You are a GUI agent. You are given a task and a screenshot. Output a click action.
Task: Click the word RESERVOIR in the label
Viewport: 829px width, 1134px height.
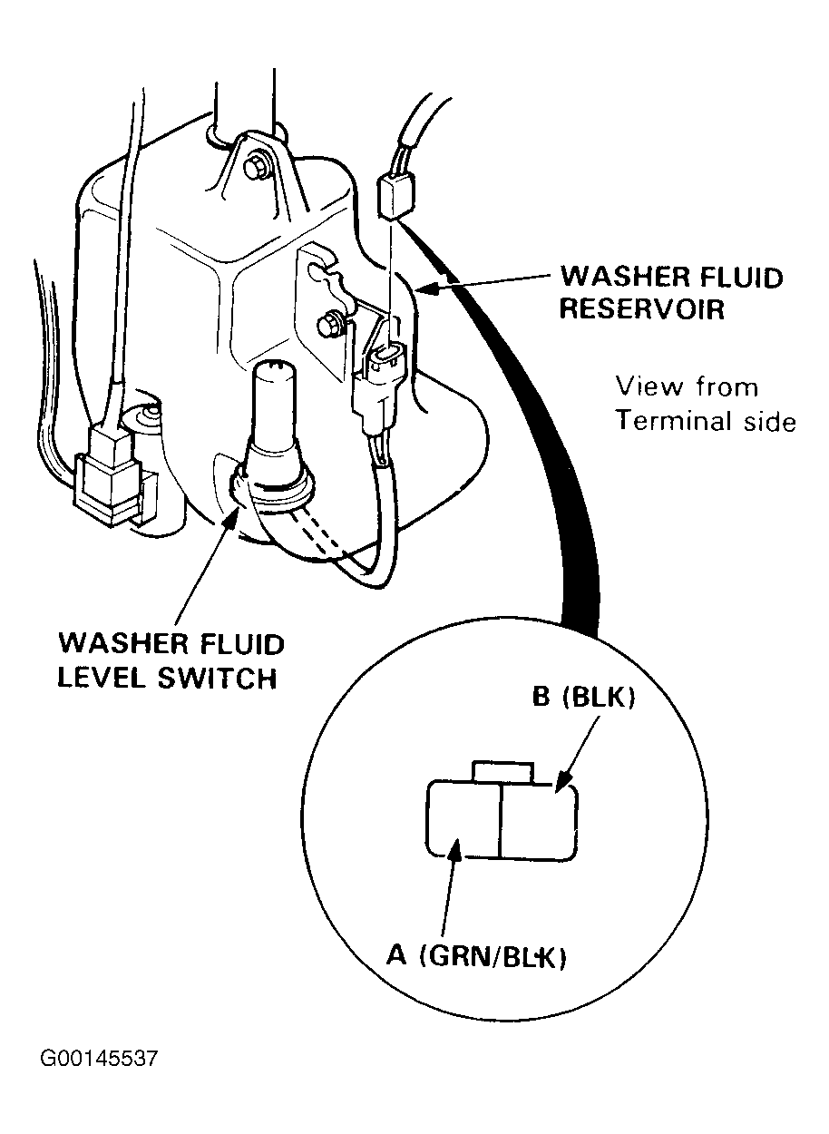(642, 308)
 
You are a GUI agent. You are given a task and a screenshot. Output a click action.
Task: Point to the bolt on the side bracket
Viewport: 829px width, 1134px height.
(329, 324)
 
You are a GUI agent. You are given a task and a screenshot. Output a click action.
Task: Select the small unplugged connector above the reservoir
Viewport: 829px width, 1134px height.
(396, 194)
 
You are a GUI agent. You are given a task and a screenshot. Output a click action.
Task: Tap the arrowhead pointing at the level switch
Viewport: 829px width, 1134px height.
(234, 515)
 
